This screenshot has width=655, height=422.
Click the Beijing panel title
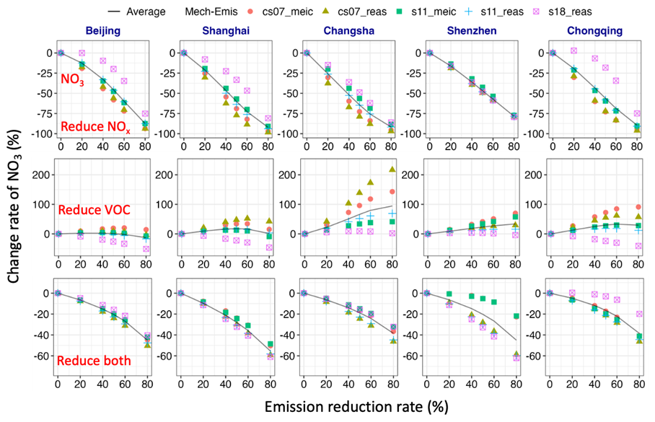pyautogui.click(x=102, y=32)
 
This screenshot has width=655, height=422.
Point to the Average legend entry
pyautogui.click(x=138, y=12)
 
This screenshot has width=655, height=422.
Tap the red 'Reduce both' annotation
pyautogui.click(x=92, y=360)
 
